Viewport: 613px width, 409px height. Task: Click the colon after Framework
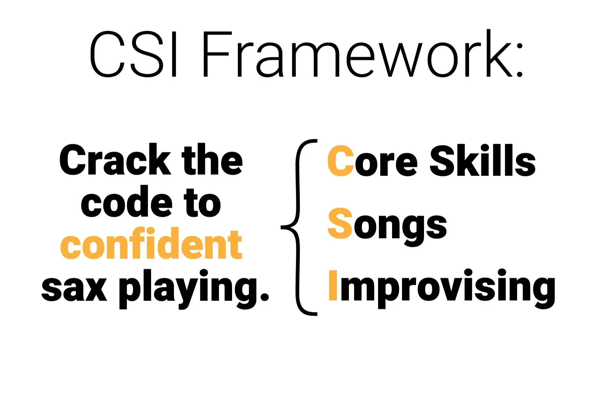tap(519, 60)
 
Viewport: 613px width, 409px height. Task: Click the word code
tap(127, 201)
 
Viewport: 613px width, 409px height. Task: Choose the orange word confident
tap(151, 244)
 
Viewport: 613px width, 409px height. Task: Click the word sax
tap(74, 289)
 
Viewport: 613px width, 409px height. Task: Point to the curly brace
tap(299, 227)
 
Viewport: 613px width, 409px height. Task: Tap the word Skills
tap(482, 160)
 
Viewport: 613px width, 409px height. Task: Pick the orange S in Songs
tap(340, 223)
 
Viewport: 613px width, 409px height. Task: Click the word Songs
tap(387, 227)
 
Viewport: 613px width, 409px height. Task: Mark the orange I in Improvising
tap(333, 285)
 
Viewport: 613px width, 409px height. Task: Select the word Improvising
tap(442, 289)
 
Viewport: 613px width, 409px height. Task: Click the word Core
tap(373, 160)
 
